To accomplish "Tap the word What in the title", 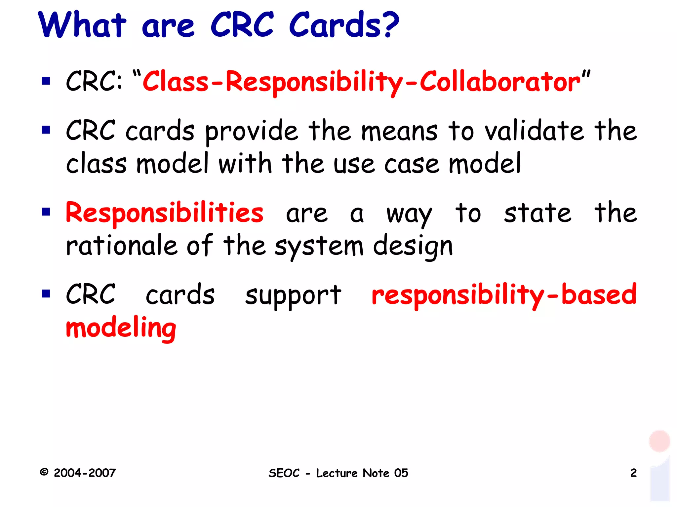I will [82, 25].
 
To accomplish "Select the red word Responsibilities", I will [164, 213].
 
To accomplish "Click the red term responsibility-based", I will [504, 295].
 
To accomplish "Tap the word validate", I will [534, 131].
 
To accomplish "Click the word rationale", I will [121, 246].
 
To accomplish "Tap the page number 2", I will [633, 473].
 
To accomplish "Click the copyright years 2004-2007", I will [85, 473].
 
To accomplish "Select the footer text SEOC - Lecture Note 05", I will [338, 473].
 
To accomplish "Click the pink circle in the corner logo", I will [659, 441].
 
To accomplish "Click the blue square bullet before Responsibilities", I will [46, 212].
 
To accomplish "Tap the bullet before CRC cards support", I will [46, 293].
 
